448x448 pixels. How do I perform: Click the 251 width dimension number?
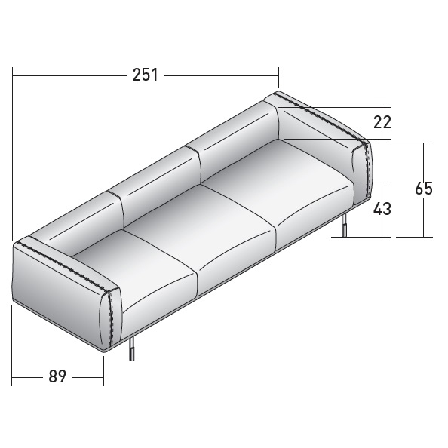tap(145, 75)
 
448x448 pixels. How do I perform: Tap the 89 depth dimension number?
tap(57, 376)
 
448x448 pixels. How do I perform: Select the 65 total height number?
tap(424, 189)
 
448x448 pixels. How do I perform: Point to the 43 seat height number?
tap(382, 209)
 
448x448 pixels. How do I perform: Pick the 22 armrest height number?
tap(382, 122)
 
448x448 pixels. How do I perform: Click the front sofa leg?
tap(132, 348)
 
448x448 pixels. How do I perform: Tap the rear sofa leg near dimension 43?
tap(345, 226)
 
